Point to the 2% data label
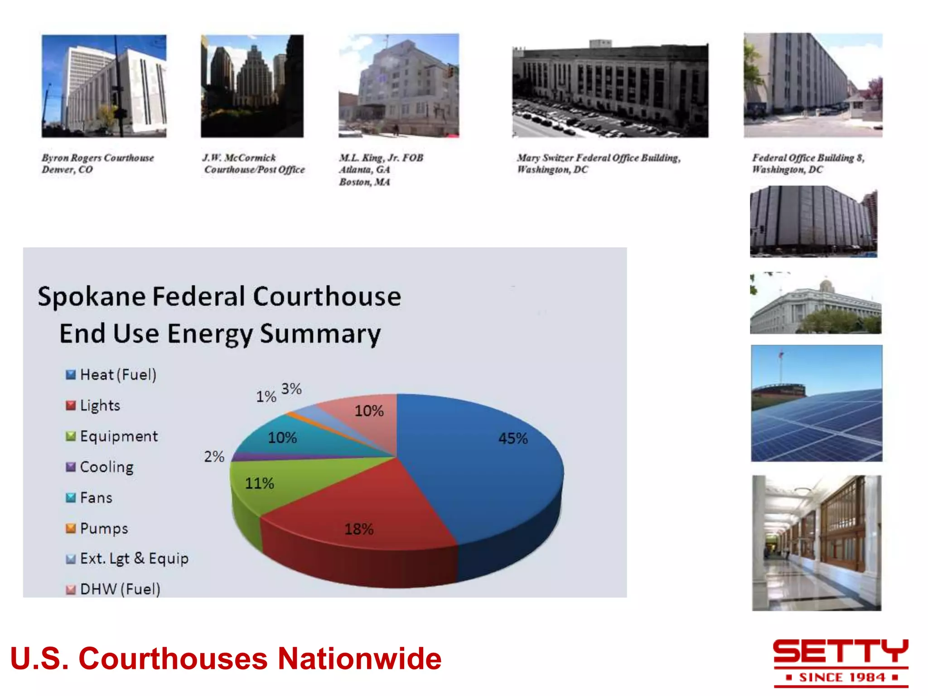click(214, 456)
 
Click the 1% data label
click(266, 396)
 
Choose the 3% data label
click(291, 389)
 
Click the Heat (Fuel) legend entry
click(111, 375)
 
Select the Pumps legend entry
click(97, 528)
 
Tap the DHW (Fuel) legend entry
click(113, 589)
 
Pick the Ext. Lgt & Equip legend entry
click(127, 559)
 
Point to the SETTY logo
click(841, 662)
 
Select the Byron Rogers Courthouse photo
click(104, 86)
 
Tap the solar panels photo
click(817, 403)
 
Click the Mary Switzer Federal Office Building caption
click(599, 164)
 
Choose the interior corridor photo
click(817, 543)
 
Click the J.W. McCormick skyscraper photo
click(252, 86)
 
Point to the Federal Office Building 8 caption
click(808, 164)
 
